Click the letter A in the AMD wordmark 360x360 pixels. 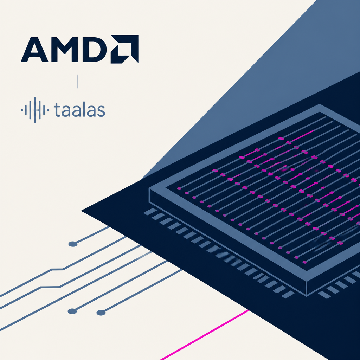click(34, 50)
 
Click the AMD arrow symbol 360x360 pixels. click(124, 49)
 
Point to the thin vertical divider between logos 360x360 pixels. click(77, 81)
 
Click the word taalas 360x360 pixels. click(79, 110)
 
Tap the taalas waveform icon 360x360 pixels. click(35, 110)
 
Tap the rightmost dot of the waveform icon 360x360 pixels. click(47, 110)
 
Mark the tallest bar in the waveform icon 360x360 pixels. click(35, 110)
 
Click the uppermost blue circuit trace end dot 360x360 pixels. click(73, 244)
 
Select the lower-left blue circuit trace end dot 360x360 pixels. click(72, 311)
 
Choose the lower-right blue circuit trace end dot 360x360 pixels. click(101, 313)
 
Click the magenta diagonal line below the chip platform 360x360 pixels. click(205, 335)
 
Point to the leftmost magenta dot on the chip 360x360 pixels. click(179, 189)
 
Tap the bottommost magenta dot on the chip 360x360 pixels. click(304, 262)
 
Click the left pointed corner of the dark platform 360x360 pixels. click(81, 211)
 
